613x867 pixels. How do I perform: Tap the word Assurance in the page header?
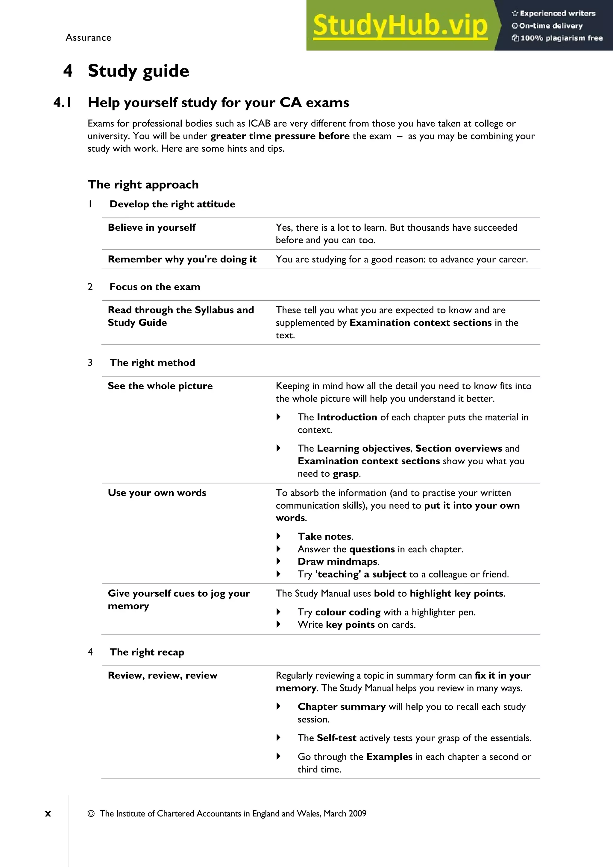click(x=88, y=38)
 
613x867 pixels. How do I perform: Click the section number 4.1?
click(x=63, y=103)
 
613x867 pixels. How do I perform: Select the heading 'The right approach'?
click(x=143, y=185)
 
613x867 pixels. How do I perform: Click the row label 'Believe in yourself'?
click(x=151, y=227)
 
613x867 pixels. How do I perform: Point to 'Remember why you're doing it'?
click(x=182, y=259)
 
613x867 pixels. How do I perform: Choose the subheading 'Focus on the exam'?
click(x=155, y=287)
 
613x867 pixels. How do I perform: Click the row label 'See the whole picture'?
click(x=160, y=386)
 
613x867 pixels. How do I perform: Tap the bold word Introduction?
click(x=347, y=417)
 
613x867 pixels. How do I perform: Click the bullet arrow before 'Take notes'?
click(x=278, y=536)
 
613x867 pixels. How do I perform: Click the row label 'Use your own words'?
click(x=157, y=493)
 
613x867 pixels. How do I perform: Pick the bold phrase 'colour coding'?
click(x=348, y=612)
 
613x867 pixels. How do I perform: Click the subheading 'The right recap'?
click(x=147, y=652)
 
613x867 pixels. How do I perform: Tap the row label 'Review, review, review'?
click(x=163, y=676)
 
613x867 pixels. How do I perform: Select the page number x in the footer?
click(x=48, y=814)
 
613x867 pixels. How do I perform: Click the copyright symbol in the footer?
click(x=91, y=814)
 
